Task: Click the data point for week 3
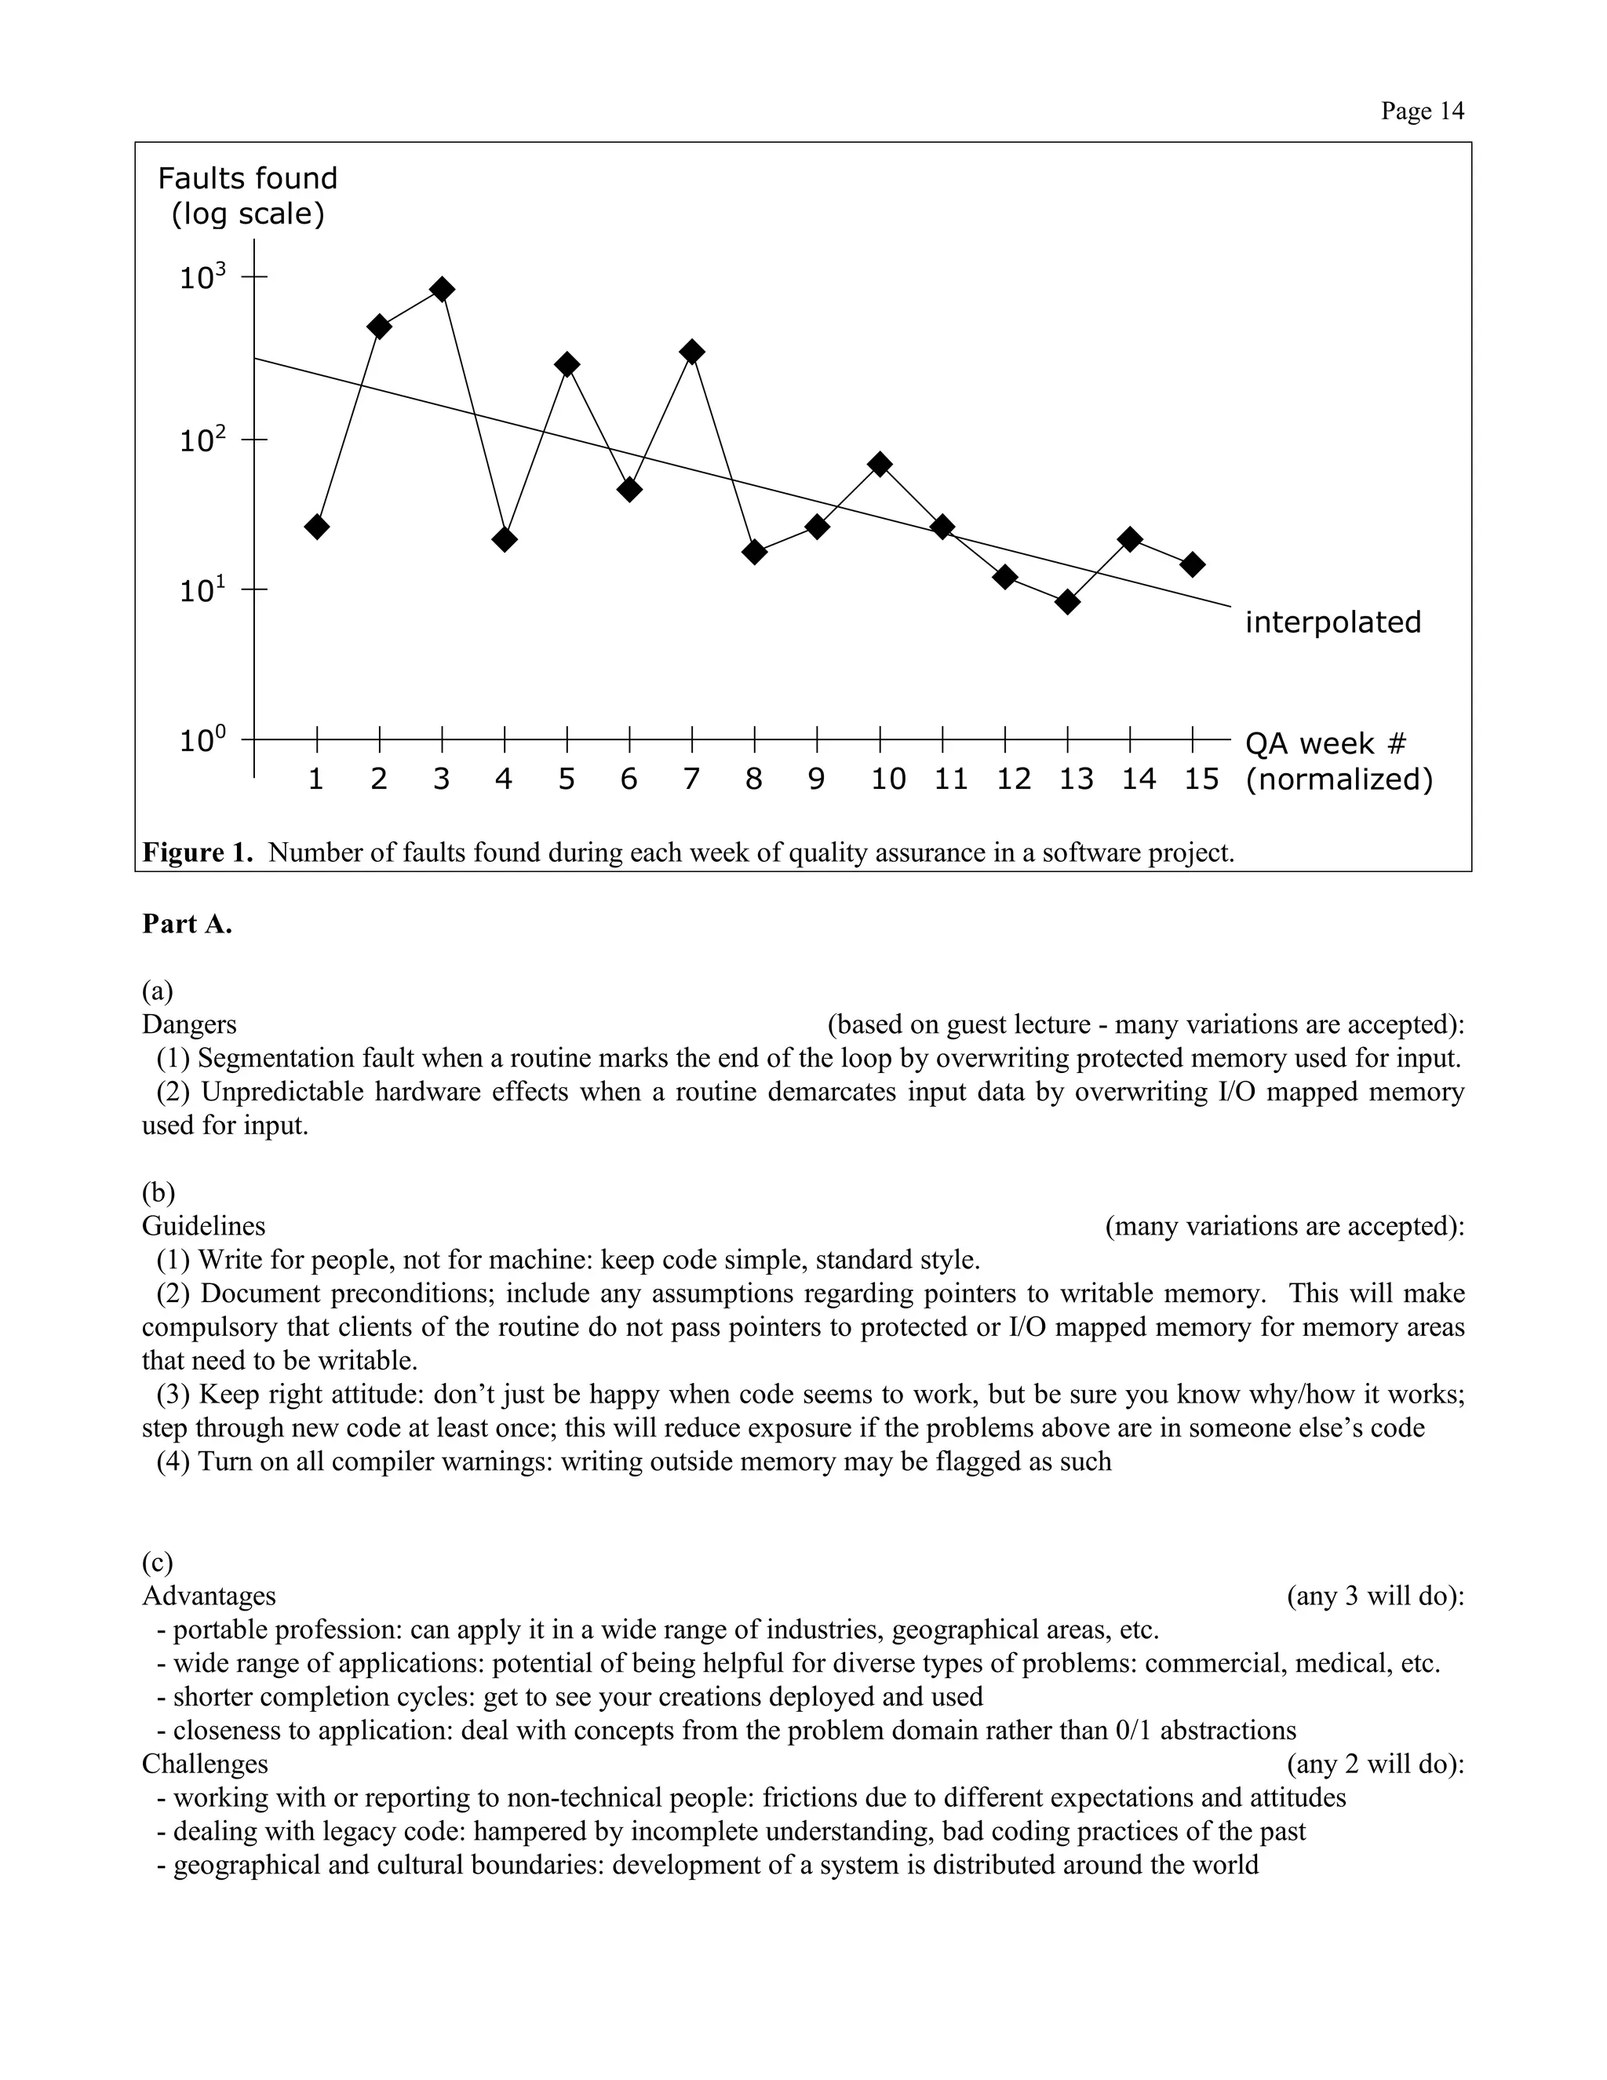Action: click(442, 290)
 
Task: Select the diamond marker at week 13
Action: click(1068, 602)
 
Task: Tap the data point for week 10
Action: click(880, 465)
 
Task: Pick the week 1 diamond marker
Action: click(317, 527)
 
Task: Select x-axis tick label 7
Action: click(692, 780)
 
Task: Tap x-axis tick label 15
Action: click(1201, 780)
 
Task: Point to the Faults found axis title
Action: click(247, 179)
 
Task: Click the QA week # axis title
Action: click(1325, 744)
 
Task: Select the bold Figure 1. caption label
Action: click(198, 852)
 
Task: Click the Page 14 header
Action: click(1423, 111)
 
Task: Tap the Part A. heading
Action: click(188, 925)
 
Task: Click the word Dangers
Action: click(189, 1025)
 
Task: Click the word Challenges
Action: click(205, 1764)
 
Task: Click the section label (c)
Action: click(158, 1562)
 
